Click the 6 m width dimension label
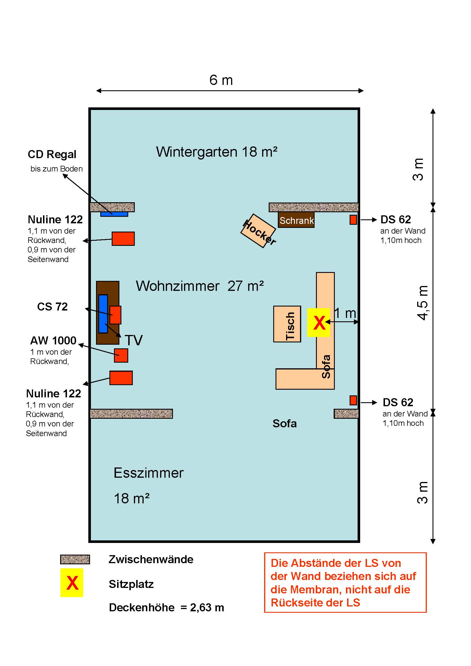[221, 80]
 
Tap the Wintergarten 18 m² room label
[217, 152]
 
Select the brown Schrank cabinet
[296, 220]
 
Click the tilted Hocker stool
[258, 231]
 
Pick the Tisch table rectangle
[287, 324]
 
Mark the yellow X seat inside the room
[318, 322]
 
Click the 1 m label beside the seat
[345, 313]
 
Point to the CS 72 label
[52, 307]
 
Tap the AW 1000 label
[53, 340]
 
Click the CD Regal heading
[52, 154]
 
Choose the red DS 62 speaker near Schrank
[353, 220]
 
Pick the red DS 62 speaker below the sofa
[353, 400]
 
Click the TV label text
[134, 340]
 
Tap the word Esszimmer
[148, 473]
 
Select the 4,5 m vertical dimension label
[423, 303]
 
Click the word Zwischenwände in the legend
[151, 559]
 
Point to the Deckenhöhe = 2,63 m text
[166, 607]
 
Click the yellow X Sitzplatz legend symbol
[72, 583]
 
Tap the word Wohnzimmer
[177, 286]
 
